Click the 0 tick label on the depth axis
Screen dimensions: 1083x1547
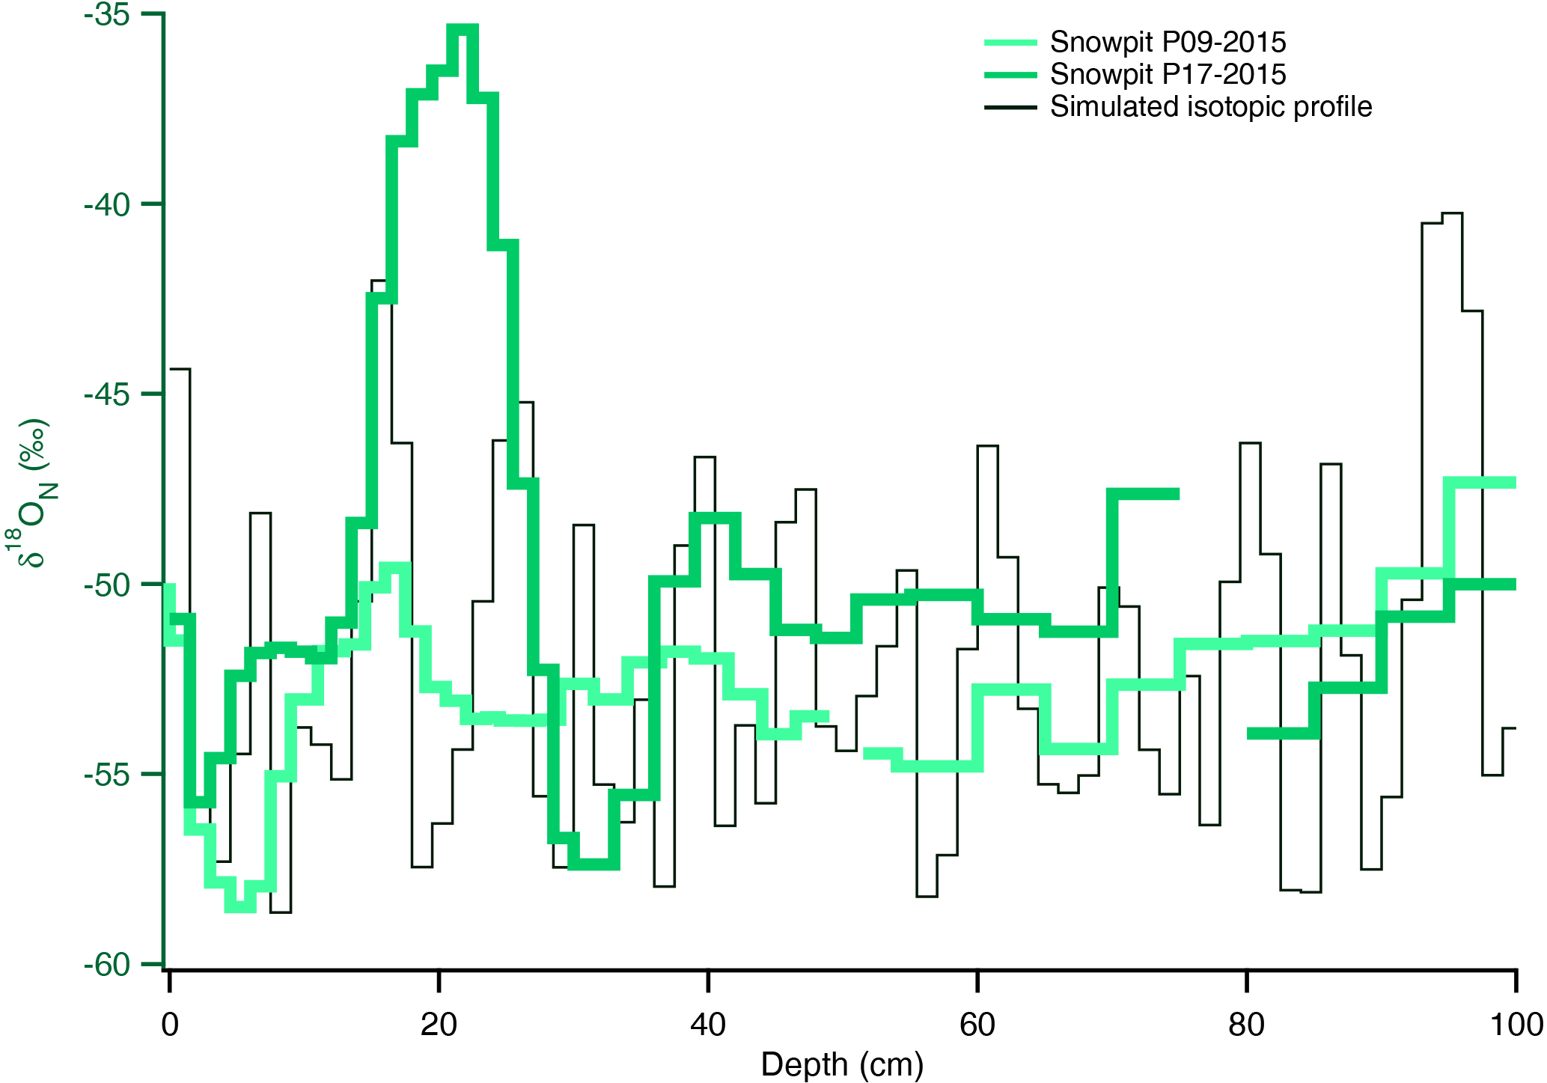pyautogui.click(x=170, y=1025)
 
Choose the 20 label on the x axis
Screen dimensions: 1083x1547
pyautogui.click(x=439, y=1025)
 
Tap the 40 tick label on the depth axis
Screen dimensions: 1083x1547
pyautogui.click(x=708, y=1025)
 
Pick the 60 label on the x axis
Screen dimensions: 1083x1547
pyautogui.click(x=977, y=1025)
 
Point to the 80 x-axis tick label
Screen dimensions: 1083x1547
pyautogui.click(x=1246, y=1025)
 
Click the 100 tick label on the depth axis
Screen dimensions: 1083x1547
pyautogui.click(x=1516, y=1025)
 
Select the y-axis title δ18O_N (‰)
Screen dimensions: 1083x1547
pyautogui.click(x=31, y=492)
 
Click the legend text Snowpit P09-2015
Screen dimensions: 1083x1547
pyautogui.click(x=1168, y=42)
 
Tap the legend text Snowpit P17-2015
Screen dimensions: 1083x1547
pyautogui.click(x=1168, y=74)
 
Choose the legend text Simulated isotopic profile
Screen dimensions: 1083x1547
pyautogui.click(x=1210, y=107)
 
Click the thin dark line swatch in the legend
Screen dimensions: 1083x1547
pyautogui.click(x=1010, y=108)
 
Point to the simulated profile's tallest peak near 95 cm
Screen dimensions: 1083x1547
pyautogui.click(x=1451, y=214)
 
